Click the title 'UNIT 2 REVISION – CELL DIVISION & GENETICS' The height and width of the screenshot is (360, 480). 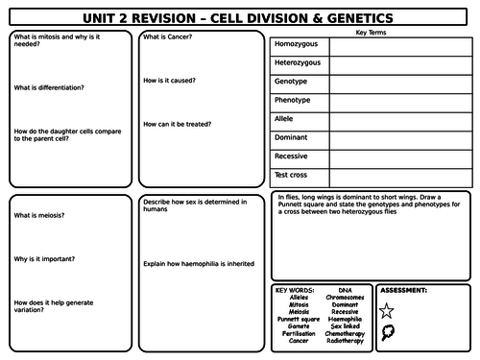coord(239,17)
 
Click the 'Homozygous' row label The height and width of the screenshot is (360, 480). coord(298,45)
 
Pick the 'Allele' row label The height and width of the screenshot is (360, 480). coord(286,119)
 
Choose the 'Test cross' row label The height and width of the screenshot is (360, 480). coord(293,175)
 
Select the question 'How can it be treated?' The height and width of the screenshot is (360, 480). coord(178,124)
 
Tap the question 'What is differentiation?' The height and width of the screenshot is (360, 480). coord(49,87)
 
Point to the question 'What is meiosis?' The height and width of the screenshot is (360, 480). coord(39,216)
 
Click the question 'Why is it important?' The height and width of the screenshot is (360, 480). coord(45,259)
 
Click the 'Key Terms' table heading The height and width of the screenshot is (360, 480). coord(371,32)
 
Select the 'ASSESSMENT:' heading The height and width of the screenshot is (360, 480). coord(404,289)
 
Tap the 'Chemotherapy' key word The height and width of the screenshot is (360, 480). coord(345,332)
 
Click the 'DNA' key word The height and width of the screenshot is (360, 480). coord(345,289)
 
